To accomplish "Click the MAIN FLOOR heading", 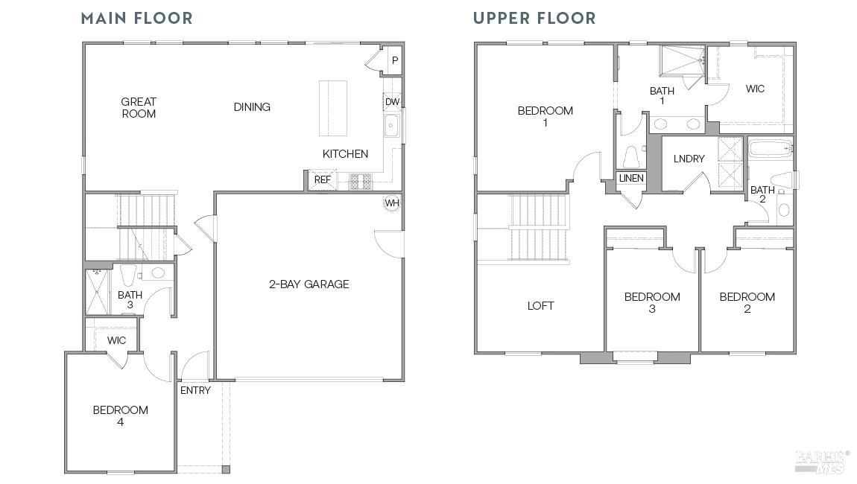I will tap(136, 18).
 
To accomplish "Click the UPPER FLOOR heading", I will tap(534, 18).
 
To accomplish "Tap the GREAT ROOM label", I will tap(139, 107).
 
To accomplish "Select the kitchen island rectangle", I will tap(333, 108).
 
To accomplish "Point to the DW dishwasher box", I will tap(392, 102).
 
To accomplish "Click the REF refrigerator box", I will tap(322, 179).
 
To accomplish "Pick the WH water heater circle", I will tap(392, 203).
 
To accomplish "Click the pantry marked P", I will tap(394, 60).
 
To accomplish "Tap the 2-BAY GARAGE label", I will tap(309, 284).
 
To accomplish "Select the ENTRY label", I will tap(195, 390).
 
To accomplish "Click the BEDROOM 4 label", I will tap(120, 415).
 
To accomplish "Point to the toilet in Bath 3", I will tap(127, 273).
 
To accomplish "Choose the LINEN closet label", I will tap(630, 178).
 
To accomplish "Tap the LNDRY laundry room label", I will tap(689, 159).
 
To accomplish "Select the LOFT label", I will tap(540, 305).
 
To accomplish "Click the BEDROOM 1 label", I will tap(545, 116).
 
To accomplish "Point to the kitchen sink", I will tap(392, 127).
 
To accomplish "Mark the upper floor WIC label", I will tap(755, 89).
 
